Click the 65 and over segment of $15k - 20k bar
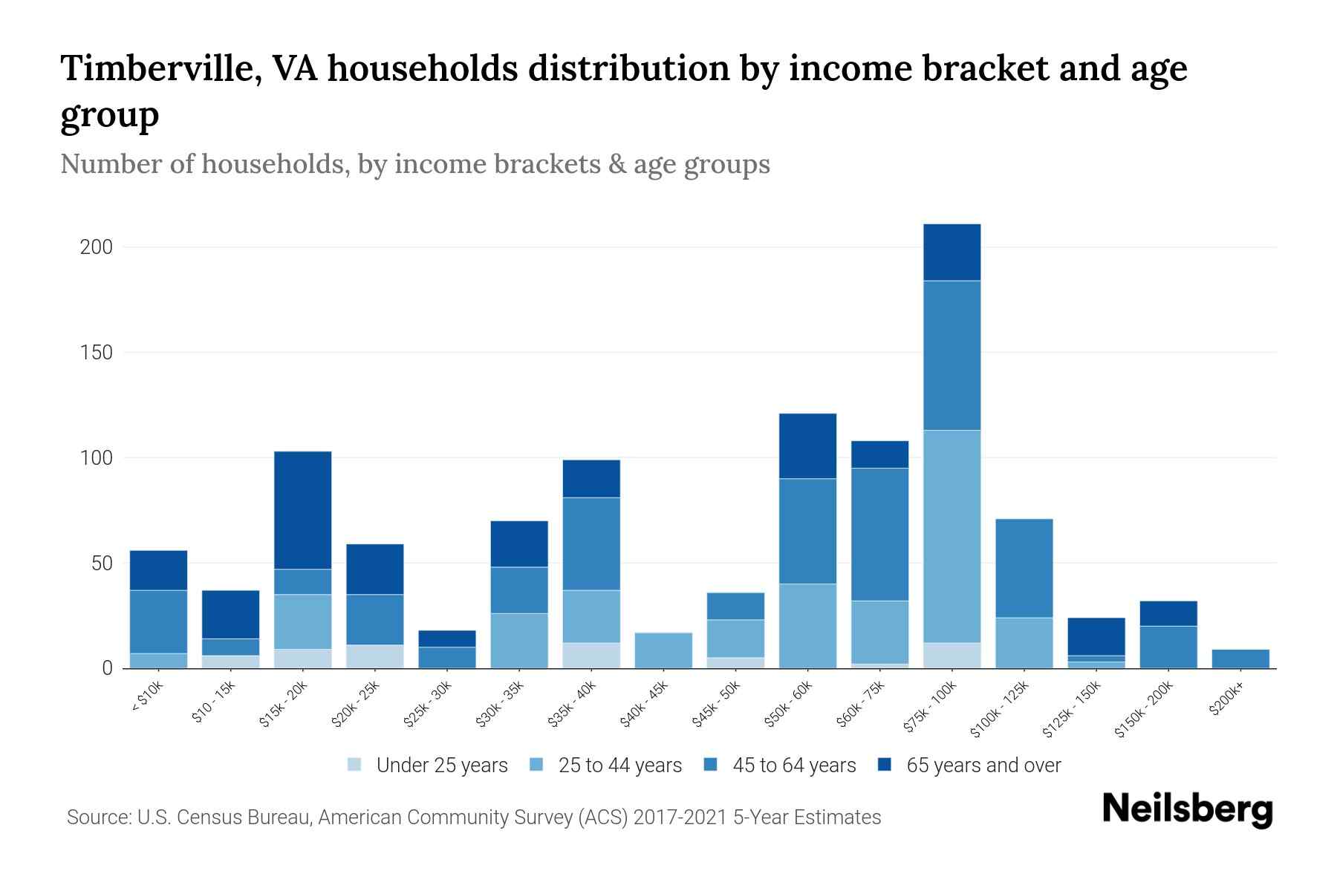pos(302,510)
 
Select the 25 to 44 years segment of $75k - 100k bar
pos(951,536)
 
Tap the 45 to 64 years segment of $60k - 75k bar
pos(879,534)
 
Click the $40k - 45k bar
pos(663,650)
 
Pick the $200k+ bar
pos(1240,659)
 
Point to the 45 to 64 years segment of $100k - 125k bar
pos(1024,568)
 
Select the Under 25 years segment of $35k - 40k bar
pos(591,655)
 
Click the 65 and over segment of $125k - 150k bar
pos(1096,636)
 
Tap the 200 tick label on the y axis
pos(96,247)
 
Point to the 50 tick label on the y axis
pos(102,564)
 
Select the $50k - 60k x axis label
pos(789,705)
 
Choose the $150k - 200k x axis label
pos(1144,710)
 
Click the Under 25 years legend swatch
pos(354,765)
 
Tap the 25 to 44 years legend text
pos(619,766)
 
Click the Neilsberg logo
pos(1187,810)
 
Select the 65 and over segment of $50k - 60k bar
pos(807,446)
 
